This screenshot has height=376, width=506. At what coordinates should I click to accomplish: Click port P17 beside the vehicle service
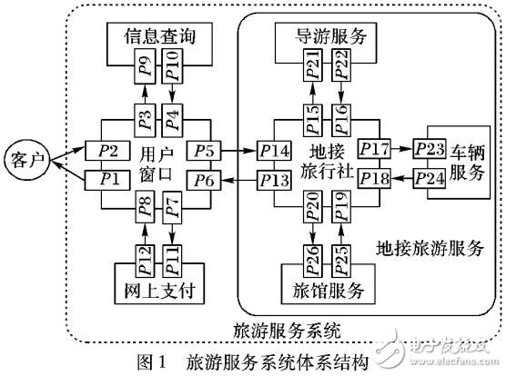375,149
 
